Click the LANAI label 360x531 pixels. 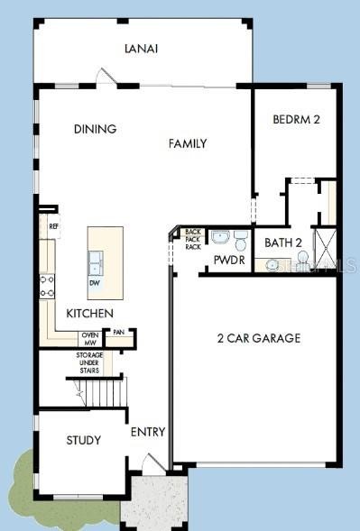tap(142, 49)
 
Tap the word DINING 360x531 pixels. tap(95, 129)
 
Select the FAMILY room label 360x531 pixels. tap(188, 143)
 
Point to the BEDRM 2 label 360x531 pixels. tap(297, 119)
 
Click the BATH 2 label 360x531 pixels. tap(283, 243)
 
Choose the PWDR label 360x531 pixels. tap(225, 260)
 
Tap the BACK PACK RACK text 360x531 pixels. tap(193, 240)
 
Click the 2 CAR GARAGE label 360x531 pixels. tap(258, 338)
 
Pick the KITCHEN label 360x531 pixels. tap(89, 313)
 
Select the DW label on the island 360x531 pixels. tap(95, 282)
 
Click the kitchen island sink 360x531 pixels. tap(95, 262)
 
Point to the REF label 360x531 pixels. tap(53, 226)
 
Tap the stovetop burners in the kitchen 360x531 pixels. tap(46, 287)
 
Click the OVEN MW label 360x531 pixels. tap(90, 339)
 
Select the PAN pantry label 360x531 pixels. tap(117, 333)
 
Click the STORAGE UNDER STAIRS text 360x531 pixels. tap(89, 362)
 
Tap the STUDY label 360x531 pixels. tap(83, 440)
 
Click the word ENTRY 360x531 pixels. tap(148, 432)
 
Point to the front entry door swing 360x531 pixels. tap(153, 464)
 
